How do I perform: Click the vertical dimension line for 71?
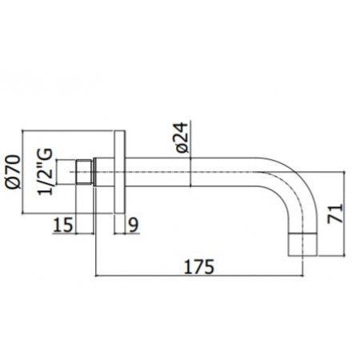[x=346, y=210]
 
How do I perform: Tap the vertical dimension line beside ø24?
[x=192, y=160]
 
